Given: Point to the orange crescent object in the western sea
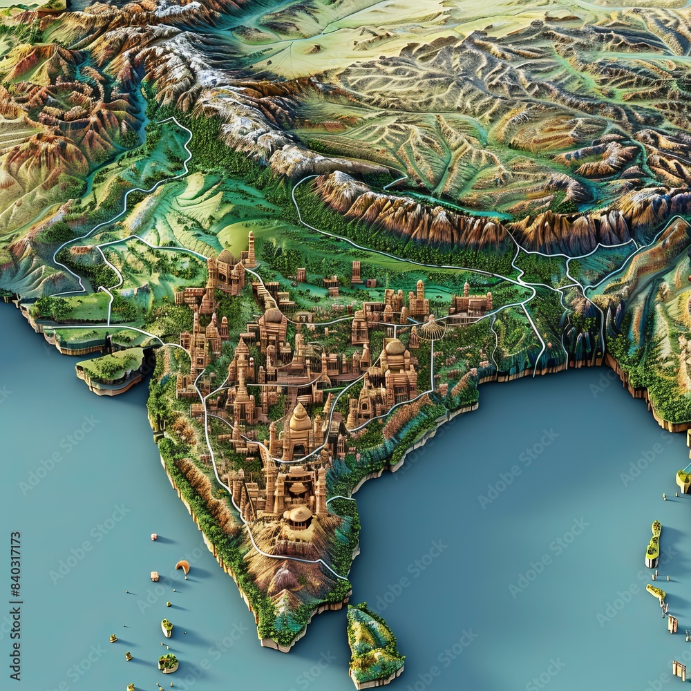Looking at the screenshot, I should coord(182,567).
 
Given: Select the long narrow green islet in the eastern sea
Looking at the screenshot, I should coord(653,545).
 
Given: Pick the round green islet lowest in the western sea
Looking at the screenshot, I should coord(168,663).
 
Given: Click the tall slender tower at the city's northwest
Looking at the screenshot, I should coord(251,249).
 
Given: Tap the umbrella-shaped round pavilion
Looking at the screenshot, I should coord(433,328).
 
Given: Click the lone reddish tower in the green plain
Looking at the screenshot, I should coord(356,272).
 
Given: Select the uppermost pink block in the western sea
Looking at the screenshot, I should coord(153,537).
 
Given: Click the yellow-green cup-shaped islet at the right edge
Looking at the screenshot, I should coord(683,480).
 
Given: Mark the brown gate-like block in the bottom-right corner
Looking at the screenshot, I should coord(679,670).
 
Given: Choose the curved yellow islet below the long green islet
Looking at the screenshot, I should coord(656,592).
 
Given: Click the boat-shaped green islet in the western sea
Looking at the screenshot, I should coord(167,627).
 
